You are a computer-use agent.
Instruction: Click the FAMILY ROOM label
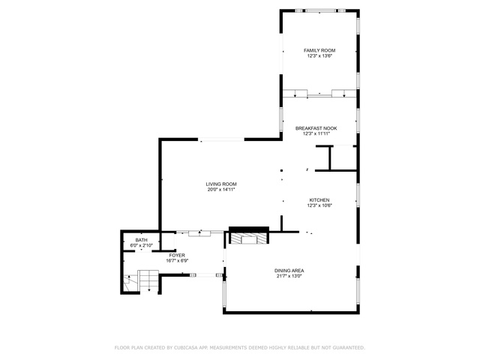click(x=319, y=50)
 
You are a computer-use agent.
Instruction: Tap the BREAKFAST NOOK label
click(x=316, y=128)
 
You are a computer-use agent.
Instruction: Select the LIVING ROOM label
click(x=221, y=184)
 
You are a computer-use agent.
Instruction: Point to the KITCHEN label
click(x=319, y=200)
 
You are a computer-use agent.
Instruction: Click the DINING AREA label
click(x=289, y=271)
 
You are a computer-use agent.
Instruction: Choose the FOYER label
click(x=177, y=255)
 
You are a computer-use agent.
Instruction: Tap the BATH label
click(x=141, y=240)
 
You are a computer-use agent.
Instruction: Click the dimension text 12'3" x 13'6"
click(x=319, y=56)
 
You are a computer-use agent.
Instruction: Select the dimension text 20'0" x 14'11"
click(x=221, y=190)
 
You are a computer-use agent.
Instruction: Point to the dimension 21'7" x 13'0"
click(x=289, y=277)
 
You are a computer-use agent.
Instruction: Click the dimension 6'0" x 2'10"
click(x=141, y=245)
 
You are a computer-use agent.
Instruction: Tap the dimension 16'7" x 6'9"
click(x=177, y=261)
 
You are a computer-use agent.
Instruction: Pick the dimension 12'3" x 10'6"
click(x=319, y=205)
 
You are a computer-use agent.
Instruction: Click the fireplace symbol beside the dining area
click(x=248, y=238)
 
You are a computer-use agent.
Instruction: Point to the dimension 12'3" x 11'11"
click(x=316, y=133)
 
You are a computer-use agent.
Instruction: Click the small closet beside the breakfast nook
click(x=343, y=158)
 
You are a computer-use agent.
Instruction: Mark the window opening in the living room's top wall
click(x=221, y=140)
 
